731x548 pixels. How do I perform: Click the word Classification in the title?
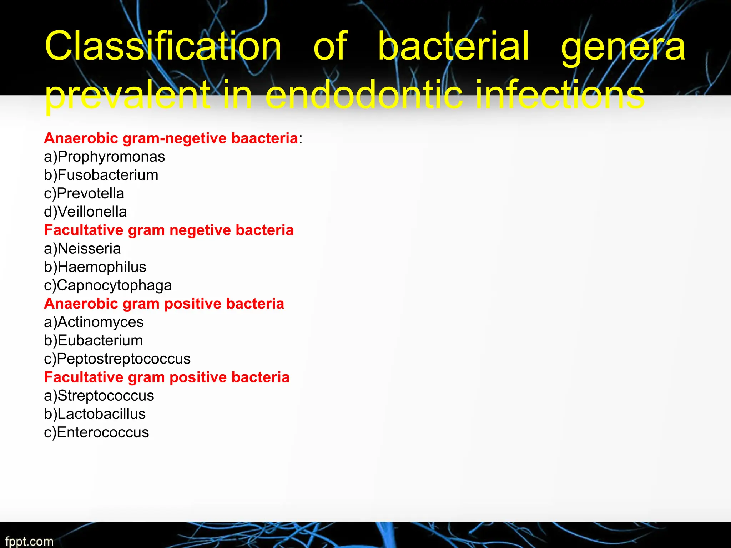(x=163, y=46)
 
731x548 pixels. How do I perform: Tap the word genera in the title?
(x=623, y=46)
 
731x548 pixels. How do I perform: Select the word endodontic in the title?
(x=364, y=95)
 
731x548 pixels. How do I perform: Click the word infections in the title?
(x=560, y=95)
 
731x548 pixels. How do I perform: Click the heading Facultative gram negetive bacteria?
(x=169, y=230)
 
